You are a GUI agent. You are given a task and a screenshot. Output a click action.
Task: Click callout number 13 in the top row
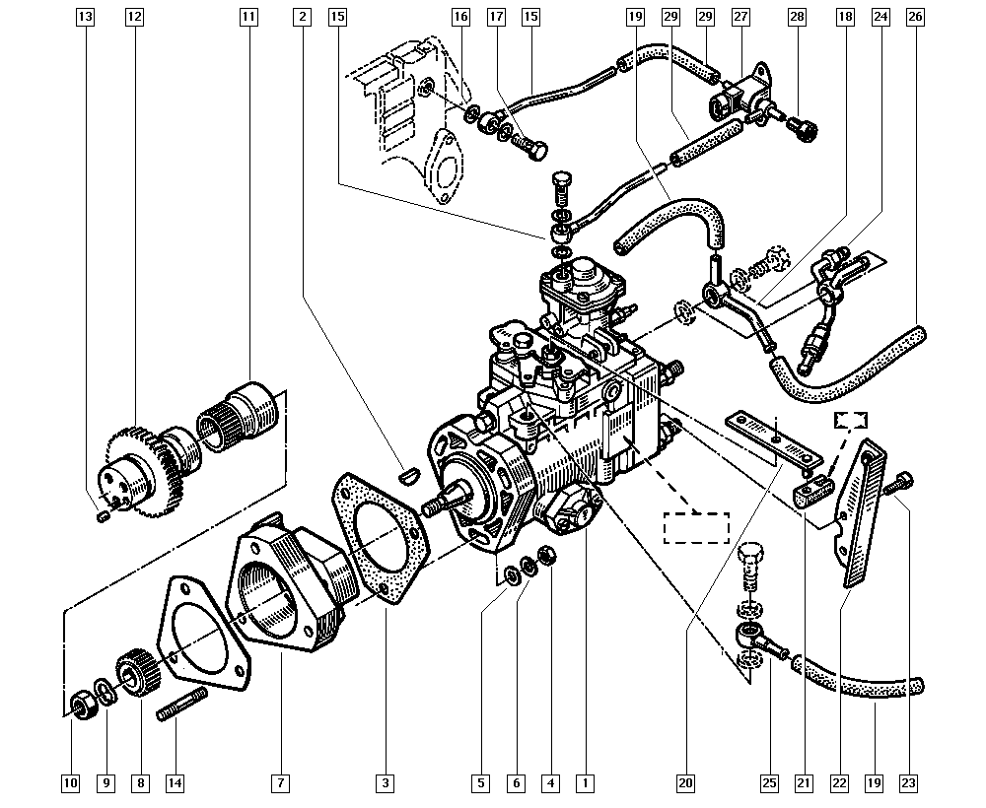pos(85,17)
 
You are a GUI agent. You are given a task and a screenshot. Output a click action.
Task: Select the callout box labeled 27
pos(740,17)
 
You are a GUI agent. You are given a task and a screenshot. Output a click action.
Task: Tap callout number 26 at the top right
pos(915,17)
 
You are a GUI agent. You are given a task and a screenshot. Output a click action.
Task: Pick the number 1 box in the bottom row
pos(585,782)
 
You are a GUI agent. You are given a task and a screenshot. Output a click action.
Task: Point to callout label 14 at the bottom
pos(175,782)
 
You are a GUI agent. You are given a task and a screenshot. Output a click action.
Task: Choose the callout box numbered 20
pos(685,782)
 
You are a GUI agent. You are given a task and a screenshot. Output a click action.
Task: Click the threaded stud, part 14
pos(181,705)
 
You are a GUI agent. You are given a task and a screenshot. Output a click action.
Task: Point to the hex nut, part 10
pos(81,706)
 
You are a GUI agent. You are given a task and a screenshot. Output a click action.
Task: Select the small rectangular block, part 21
pos(813,490)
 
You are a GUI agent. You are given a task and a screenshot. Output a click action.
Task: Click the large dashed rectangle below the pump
pos(697,528)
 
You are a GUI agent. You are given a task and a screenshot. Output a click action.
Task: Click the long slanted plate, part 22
pos(857,512)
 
